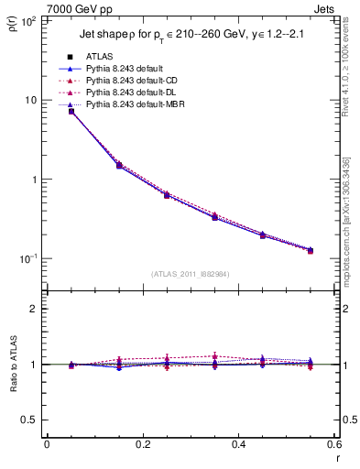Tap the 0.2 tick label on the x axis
142,445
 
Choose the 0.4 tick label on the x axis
238,445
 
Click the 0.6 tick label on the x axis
333,445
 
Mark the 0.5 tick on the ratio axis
27,420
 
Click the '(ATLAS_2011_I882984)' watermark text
190,274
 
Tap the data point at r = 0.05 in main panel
71,111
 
